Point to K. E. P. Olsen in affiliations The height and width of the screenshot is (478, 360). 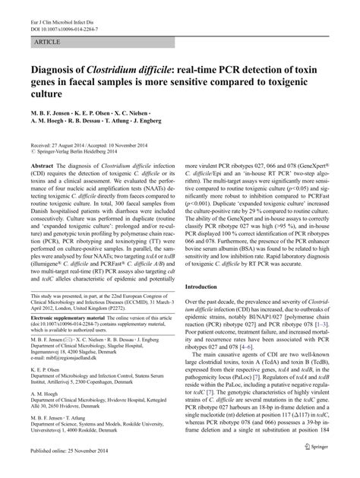pyautogui.click(x=48, y=390)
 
